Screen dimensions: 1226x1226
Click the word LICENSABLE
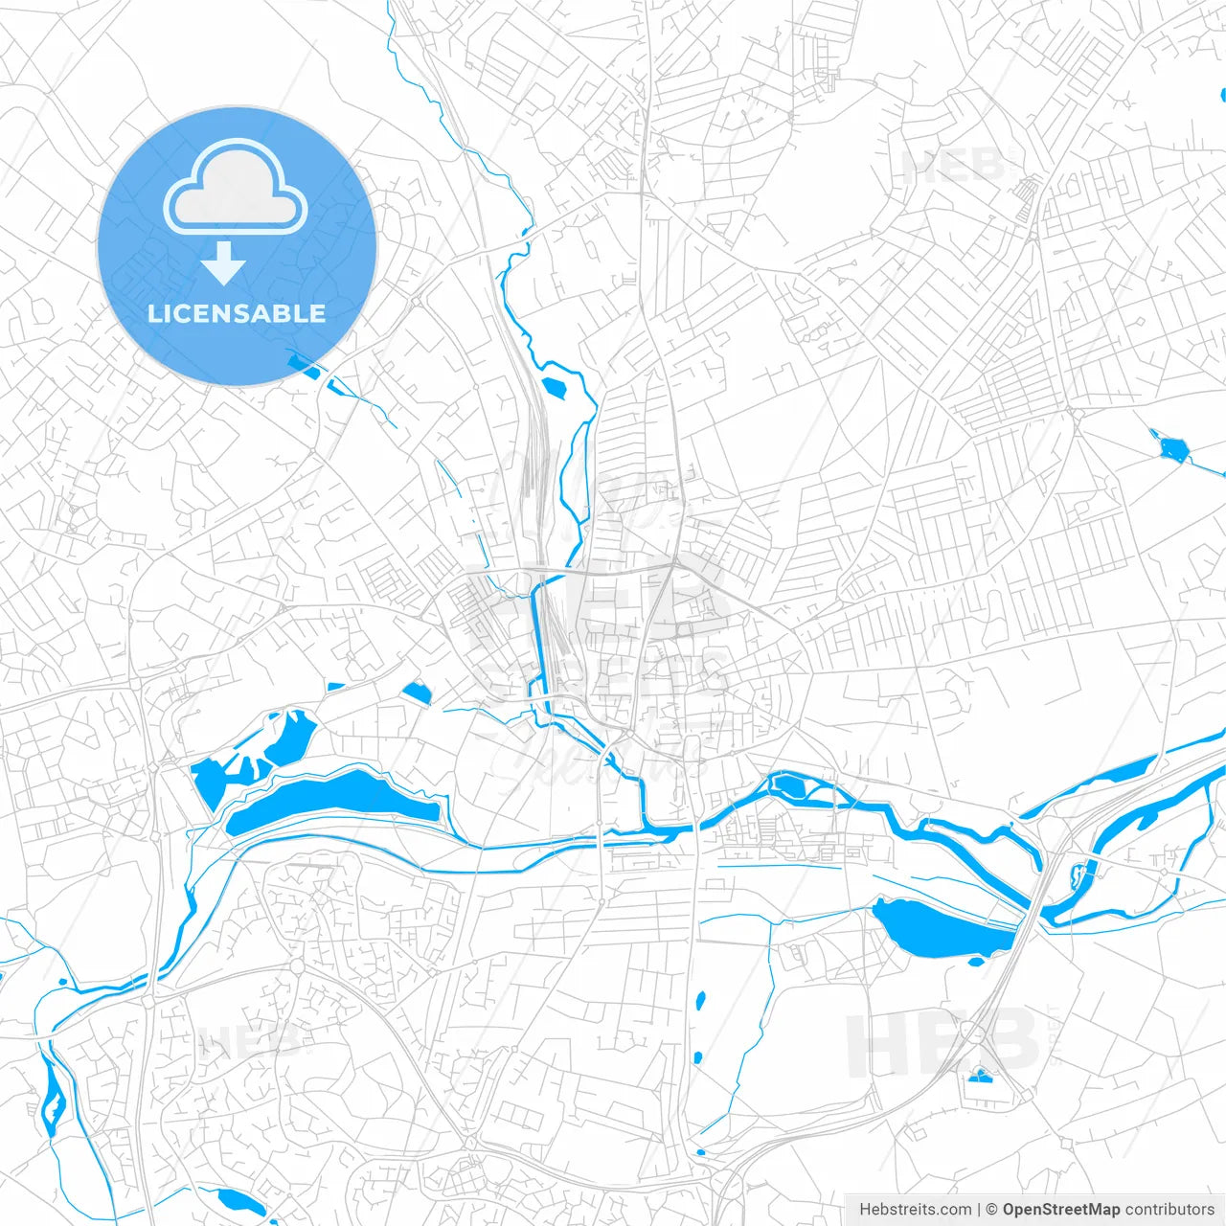(x=237, y=313)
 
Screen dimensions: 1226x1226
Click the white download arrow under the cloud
(x=223, y=263)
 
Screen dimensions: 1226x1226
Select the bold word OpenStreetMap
(x=1060, y=1210)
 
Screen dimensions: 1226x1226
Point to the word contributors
(x=1169, y=1210)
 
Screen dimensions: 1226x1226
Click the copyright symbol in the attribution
(x=991, y=1210)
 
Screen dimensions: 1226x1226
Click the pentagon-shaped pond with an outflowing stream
(x=1169, y=447)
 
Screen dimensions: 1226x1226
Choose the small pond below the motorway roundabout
(x=980, y=1077)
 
